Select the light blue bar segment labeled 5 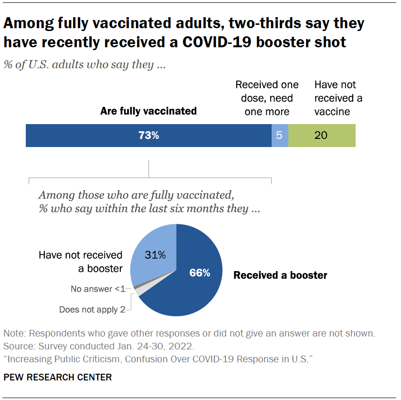click(280, 136)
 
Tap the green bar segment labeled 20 click(322, 136)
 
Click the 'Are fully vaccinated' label click(148, 111)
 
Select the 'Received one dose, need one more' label click(267, 98)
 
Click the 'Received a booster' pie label click(280, 275)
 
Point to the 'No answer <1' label click(98, 289)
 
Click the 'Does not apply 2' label click(92, 309)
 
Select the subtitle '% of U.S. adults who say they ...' click(84, 65)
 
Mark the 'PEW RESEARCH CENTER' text click(58, 378)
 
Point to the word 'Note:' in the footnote click(14, 333)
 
